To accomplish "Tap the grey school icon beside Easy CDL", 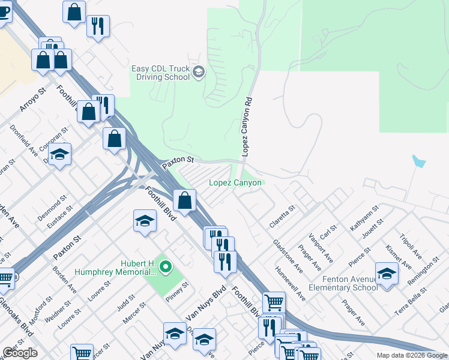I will (x=199, y=73).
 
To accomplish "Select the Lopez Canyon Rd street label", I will (x=246, y=127).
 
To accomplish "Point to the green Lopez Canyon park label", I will (x=235, y=183).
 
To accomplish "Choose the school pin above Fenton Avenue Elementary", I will (x=387, y=274).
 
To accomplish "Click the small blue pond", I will (x=419, y=161).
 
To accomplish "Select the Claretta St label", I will (x=283, y=217).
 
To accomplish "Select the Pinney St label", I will (x=177, y=293).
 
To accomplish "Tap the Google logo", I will (x=20, y=353).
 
